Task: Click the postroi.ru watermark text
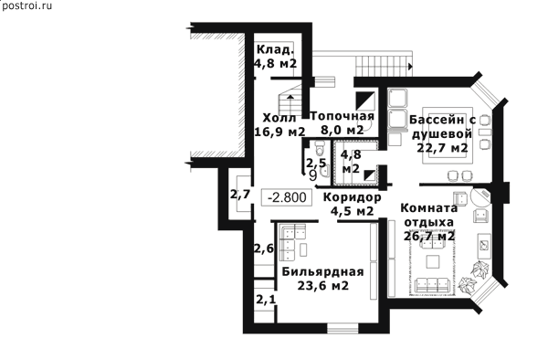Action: [x=26, y=5]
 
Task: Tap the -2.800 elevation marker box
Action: [x=287, y=197]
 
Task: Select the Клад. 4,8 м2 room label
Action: [x=276, y=57]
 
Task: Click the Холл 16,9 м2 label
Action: [x=279, y=124]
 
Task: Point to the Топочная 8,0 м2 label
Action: [x=342, y=122]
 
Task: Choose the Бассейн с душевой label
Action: [x=442, y=134]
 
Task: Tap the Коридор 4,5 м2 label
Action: [x=352, y=204]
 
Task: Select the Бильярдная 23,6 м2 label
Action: [x=323, y=279]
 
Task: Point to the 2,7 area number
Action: [x=240, y=194]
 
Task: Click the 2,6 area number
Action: [x=264, y=249]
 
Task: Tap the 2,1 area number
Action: [x=266, y=300]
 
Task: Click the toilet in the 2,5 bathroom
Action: [x=320, y=148]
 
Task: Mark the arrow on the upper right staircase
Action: [x=410, y=67]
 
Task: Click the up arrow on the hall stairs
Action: [x=290, y=97]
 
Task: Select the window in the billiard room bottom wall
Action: [x=342, y=329]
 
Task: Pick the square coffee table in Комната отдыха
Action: [x=432, y=262]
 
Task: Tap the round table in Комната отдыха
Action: [x=480, y=198]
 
